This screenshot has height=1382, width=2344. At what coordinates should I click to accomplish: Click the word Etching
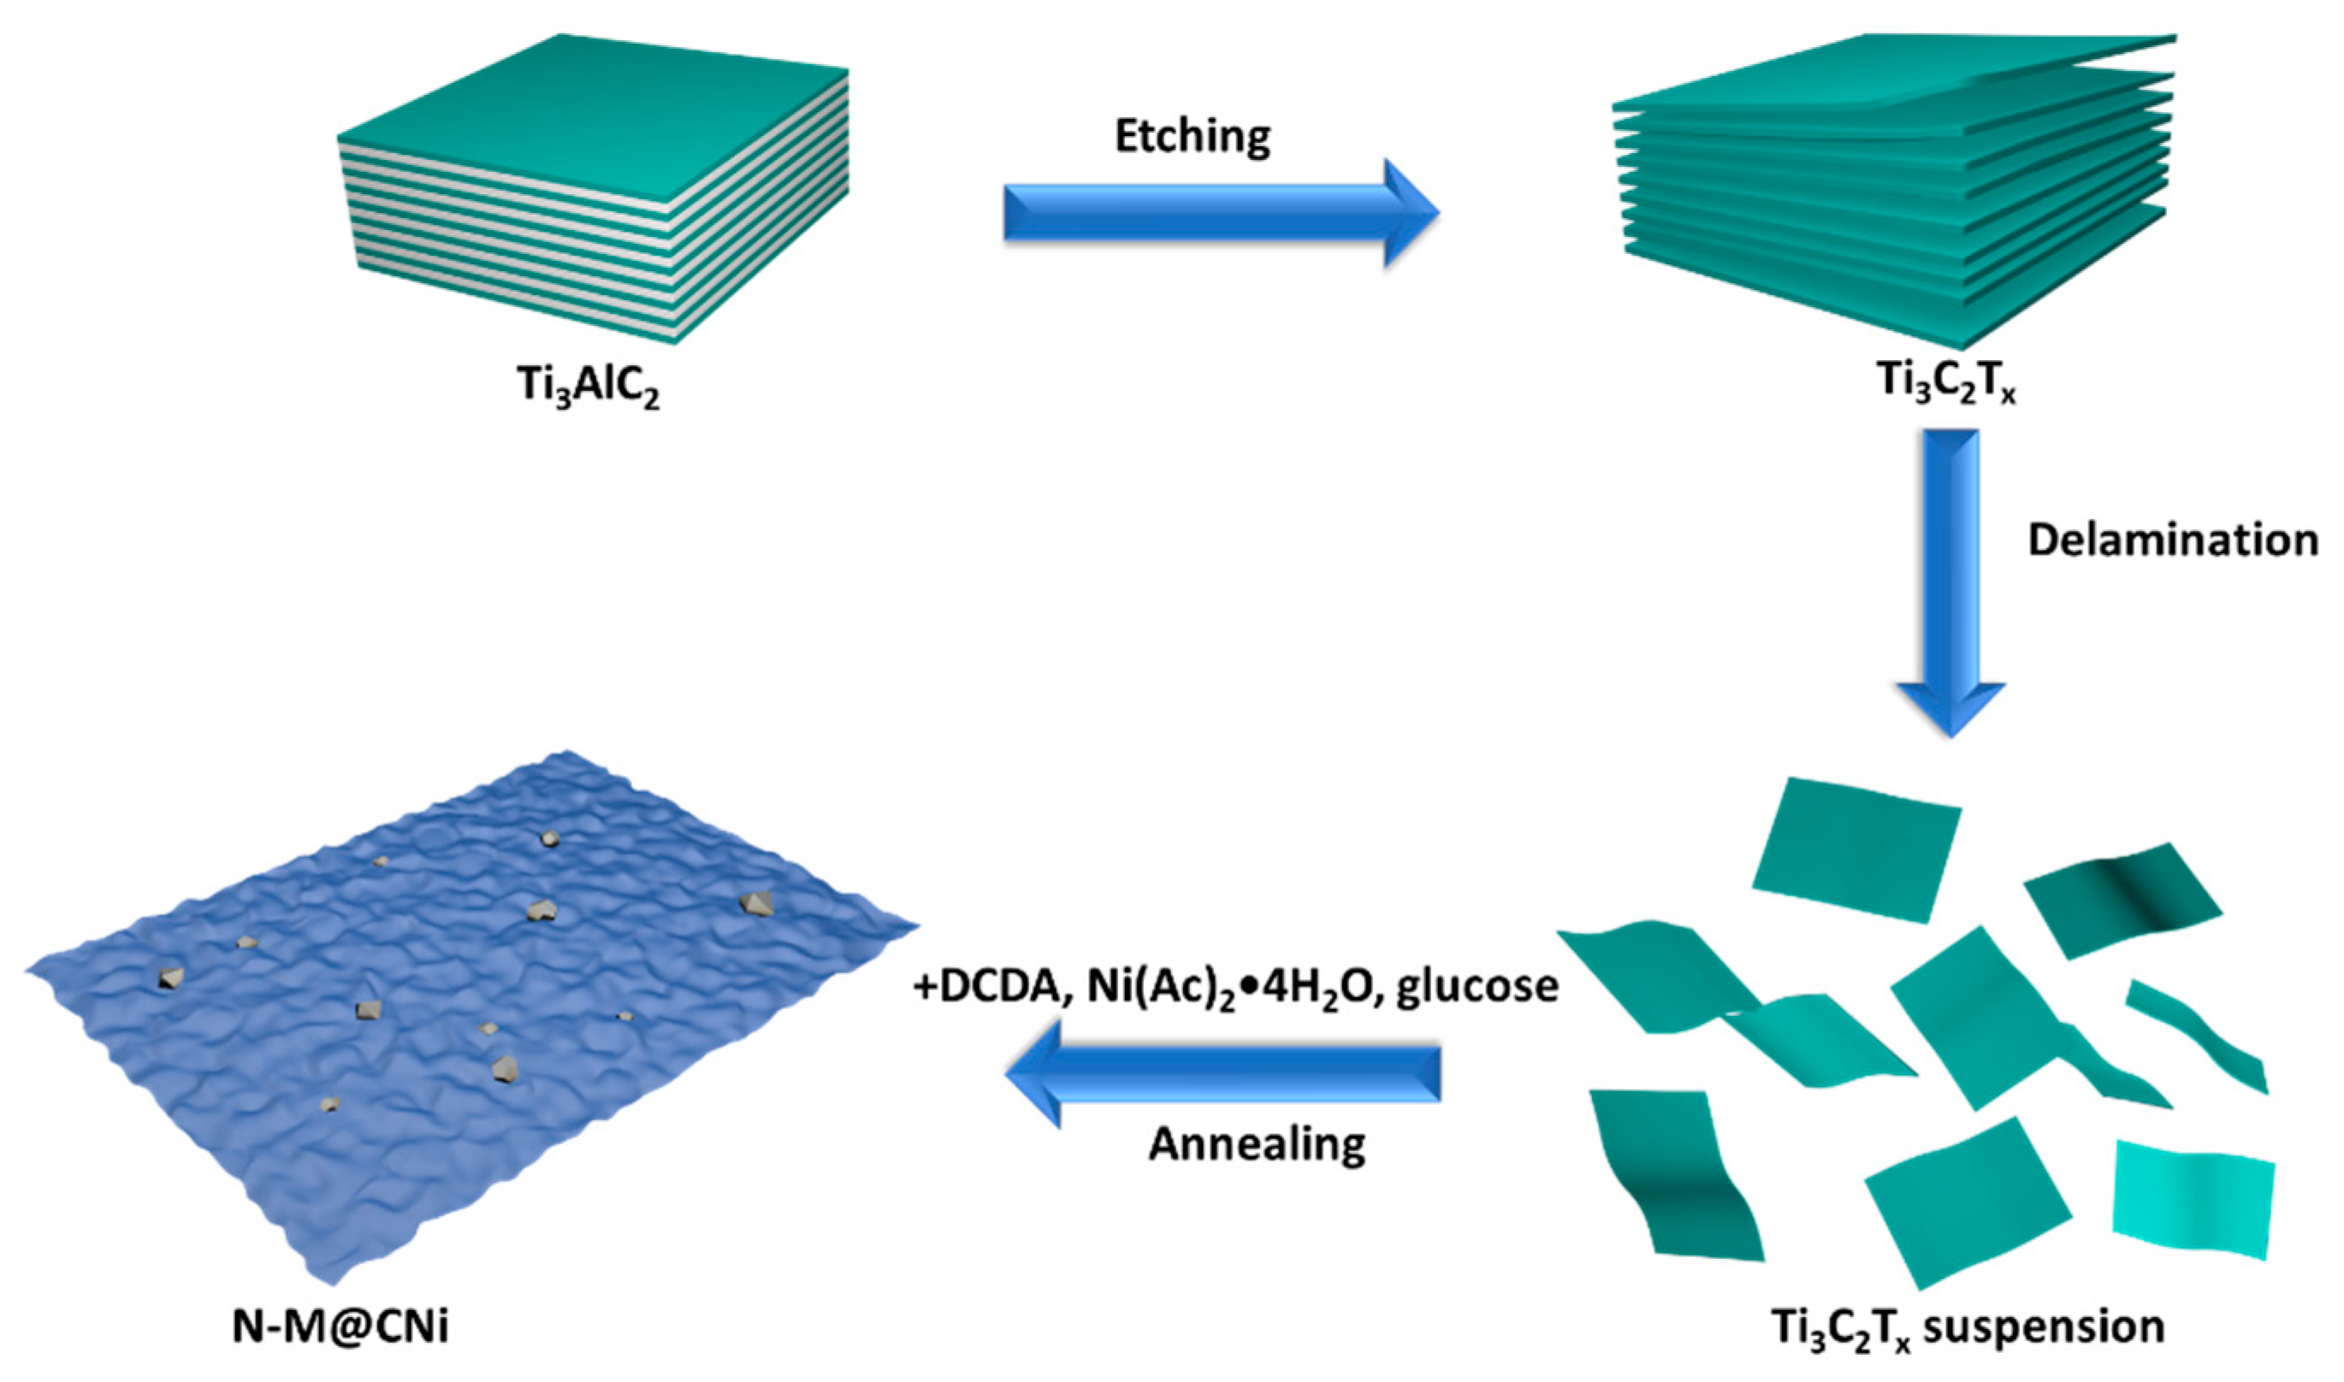(1192, 138)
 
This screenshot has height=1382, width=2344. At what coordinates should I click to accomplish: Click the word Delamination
(2173, 540)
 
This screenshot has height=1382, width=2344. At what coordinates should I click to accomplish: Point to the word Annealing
(1257, 1144)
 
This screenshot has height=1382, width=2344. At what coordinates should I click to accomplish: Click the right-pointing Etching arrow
(1220, 212)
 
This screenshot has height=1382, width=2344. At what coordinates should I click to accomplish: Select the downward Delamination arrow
(1950, 577)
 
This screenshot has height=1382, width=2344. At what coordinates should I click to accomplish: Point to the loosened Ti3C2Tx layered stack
(1895, 214)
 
